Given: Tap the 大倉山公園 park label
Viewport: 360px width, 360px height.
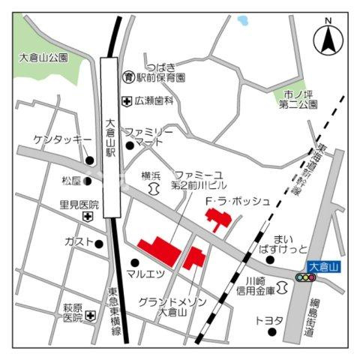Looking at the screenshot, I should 43,57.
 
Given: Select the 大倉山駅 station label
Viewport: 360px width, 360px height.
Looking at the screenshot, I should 110,139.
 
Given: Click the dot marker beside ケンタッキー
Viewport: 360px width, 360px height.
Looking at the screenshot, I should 90,160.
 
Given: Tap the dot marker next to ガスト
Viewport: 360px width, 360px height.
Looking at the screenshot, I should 99,243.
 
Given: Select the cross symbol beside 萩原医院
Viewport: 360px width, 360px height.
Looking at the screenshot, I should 90,316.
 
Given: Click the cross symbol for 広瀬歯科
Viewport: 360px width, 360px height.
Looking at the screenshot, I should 127,100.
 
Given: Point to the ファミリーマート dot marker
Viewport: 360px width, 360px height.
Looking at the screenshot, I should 130,145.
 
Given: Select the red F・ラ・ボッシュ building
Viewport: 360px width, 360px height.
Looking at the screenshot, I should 218,220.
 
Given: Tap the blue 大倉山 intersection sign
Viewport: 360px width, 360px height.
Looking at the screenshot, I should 324,266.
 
